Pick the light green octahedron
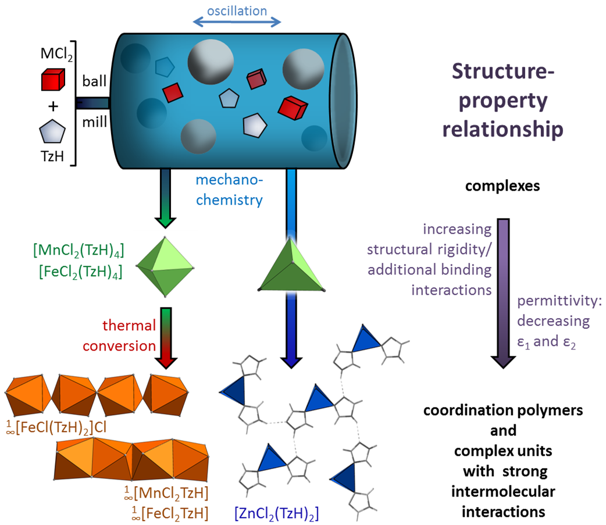click(x=166, y=267)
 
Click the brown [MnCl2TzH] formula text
click(x=166, y=494)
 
